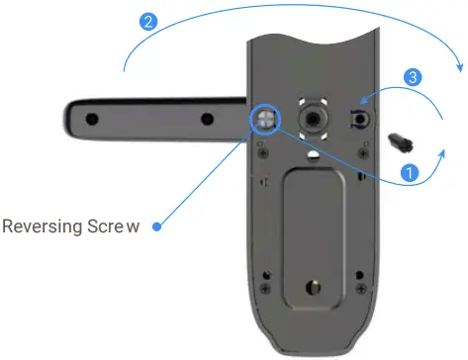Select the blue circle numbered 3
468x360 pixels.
415,76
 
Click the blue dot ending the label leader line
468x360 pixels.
158,225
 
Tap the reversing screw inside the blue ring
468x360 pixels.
266,119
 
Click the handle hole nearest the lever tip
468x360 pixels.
92,119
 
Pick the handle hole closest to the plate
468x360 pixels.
207,119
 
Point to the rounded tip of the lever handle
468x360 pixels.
67,119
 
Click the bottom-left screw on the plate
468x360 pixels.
266,287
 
